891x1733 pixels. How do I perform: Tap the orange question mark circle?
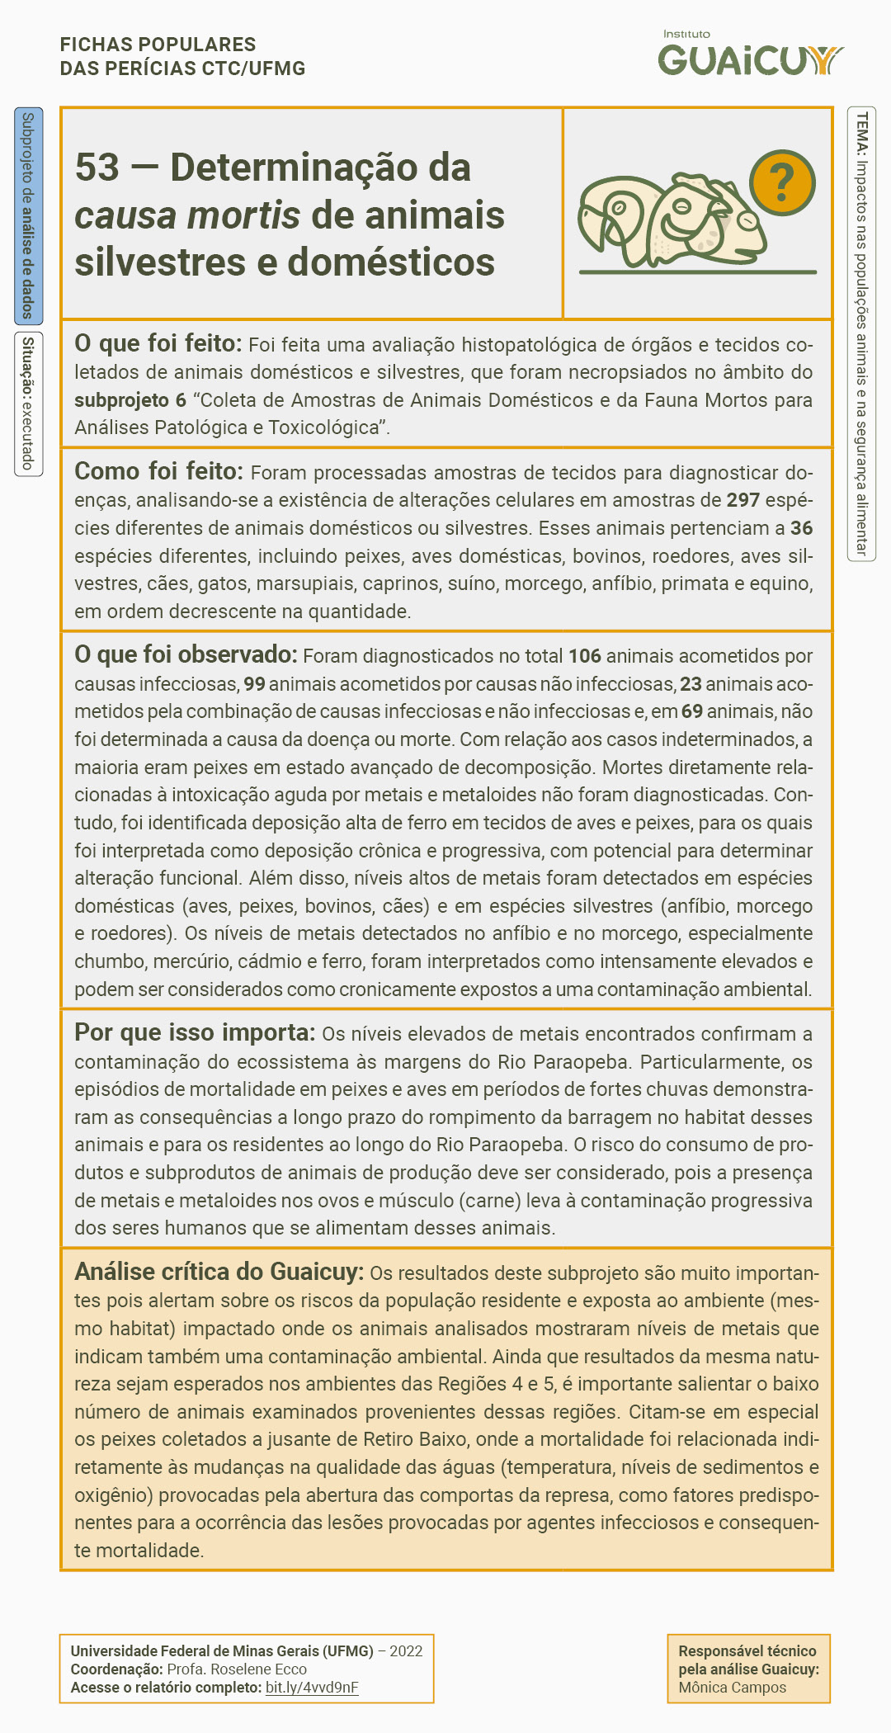tap(781, 183)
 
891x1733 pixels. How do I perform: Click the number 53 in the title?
tap(97, 168)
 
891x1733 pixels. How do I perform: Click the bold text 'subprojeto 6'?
tap(130, 400)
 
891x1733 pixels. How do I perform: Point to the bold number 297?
tap(742, 500)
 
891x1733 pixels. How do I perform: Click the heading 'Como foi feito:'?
tap(158, 471)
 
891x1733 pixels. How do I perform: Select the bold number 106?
tap(584, 656)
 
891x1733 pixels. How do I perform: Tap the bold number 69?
tap(691, 711)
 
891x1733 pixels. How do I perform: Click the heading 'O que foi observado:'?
tap(185, 654)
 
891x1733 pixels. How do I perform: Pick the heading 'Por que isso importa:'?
tap(195, 1032)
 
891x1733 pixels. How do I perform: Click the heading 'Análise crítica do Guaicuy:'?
tap(219, 1272)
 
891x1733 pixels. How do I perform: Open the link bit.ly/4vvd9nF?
tap(312, 1688)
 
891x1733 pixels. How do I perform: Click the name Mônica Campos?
tap(732, 1688)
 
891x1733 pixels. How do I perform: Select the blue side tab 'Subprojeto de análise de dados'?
tap(28, 215)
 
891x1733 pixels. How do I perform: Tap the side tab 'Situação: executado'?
tap(28, 404)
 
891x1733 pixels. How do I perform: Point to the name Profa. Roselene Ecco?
tap(237, 1669)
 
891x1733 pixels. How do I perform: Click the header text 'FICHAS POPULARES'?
tap(158, 45)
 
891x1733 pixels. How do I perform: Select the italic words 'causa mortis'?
tap(186, 215)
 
